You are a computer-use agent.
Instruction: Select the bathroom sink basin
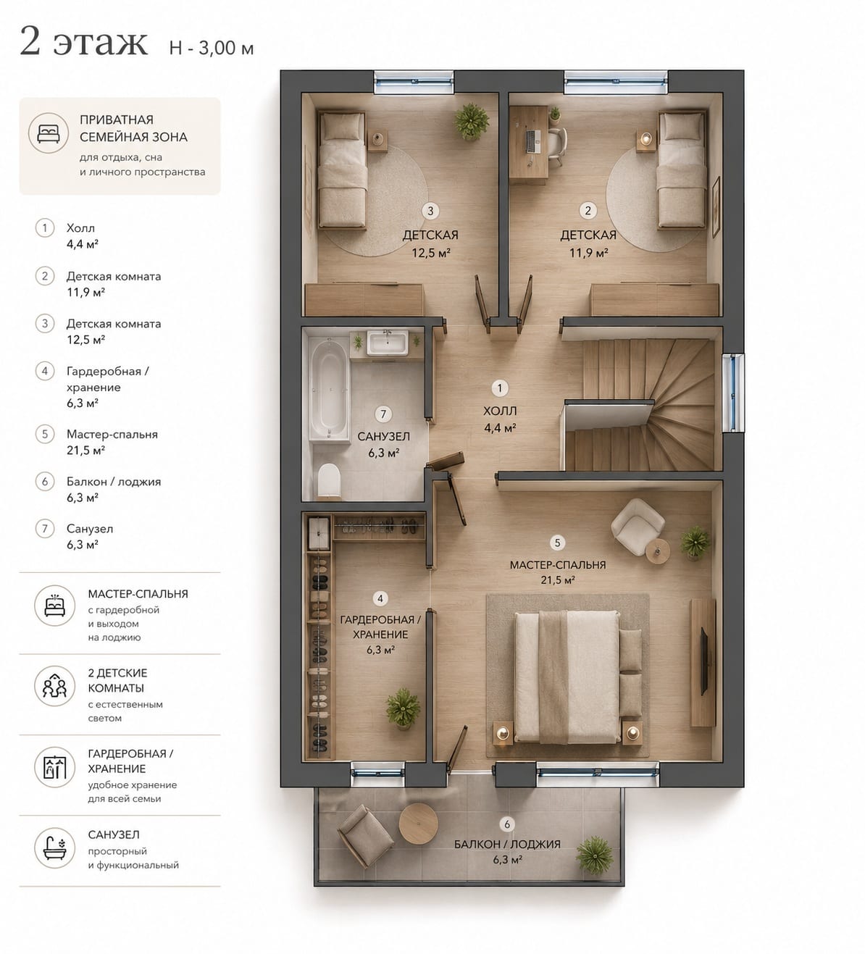click(388, 343)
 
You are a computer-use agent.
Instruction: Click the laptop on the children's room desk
click(533, 142)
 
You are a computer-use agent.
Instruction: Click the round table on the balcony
click(419, 823)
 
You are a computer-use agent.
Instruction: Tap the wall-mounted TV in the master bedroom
click(705, 660)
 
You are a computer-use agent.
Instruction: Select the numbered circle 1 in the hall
click(500, 388)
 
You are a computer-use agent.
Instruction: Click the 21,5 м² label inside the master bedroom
click(558, 579)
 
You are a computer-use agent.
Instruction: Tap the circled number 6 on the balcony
click(507, 824)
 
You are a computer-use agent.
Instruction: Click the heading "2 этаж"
click(84, 42)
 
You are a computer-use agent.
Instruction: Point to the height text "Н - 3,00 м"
click(212, 48)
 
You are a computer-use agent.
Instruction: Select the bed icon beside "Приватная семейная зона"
click(49, 133)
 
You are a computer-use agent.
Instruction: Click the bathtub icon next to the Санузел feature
click(55, 848)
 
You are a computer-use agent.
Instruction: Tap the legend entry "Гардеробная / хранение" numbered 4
click(107, 387)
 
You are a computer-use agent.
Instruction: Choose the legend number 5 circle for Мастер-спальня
click(45, 434)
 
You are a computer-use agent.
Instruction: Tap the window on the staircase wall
click(732, 393)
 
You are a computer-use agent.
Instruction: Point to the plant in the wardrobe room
click(404, 708)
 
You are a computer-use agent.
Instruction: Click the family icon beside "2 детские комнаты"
click(55, 686)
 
